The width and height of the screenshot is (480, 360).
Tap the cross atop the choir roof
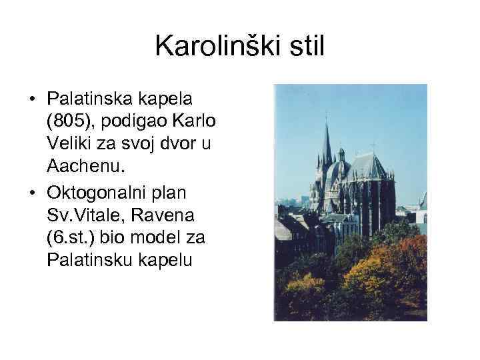pos(373,145)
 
